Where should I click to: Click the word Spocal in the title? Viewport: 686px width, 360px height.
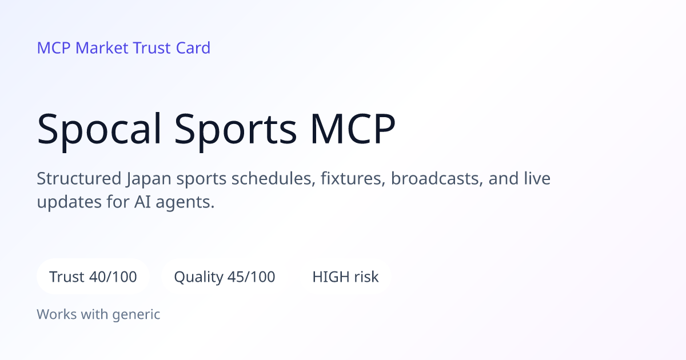99,130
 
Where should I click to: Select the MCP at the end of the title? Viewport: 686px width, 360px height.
353,128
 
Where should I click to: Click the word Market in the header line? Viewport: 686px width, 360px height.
102,48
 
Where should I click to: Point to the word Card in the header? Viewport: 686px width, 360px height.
193,48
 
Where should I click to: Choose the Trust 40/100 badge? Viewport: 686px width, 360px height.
93,277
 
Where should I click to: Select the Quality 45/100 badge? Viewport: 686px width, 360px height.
225,277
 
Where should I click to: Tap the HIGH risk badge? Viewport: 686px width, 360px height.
345,277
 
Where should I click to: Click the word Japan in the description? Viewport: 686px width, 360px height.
149,179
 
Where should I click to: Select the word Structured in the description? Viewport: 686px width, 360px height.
79,178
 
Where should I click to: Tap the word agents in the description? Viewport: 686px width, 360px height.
185,203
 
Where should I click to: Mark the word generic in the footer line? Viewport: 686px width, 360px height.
136,315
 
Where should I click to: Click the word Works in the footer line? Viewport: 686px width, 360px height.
57,314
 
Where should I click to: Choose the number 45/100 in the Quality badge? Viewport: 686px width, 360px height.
251,277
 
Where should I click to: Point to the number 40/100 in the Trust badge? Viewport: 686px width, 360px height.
113,277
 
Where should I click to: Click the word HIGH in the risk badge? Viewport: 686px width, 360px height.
330,277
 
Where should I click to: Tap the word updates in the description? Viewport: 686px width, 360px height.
69,203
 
